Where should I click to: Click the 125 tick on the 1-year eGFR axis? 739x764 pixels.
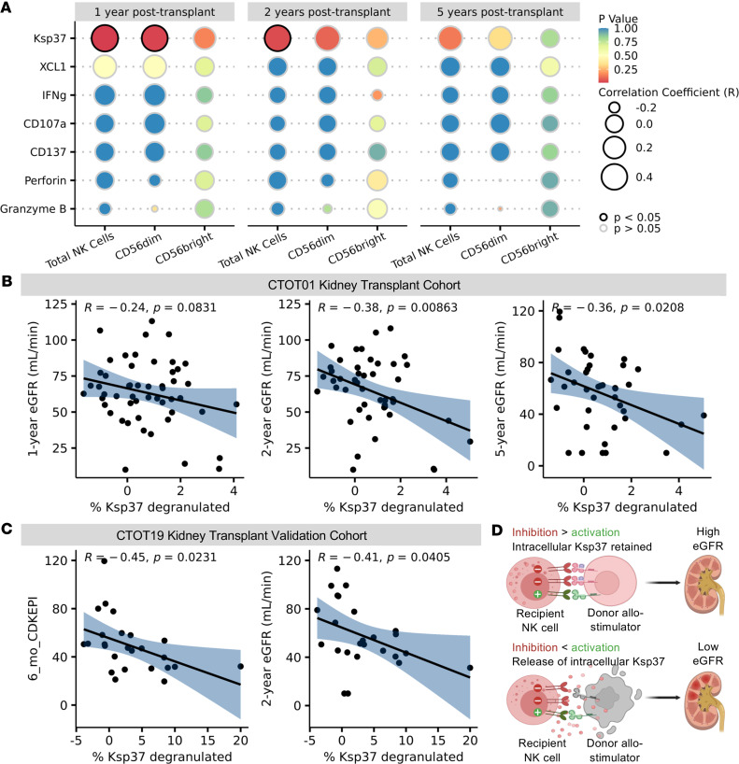pyautogui.click(x=62, y=304)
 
